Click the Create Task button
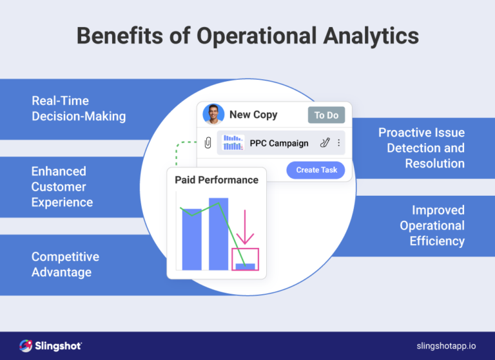(x=316, y=170)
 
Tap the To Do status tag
(x=326, y=115)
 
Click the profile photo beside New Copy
(x=213, y=115)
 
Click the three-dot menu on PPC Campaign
(x=339, y=143)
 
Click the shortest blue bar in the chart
(x=245, y=266)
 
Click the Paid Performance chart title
(x=217, y=180)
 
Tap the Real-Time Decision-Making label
(x=79, y=109)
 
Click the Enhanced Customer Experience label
(x=63, y=187)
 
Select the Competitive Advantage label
(x=65, y=264)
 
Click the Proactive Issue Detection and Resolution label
(x=422, y=148)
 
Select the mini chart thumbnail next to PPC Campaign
(x=233, y=143)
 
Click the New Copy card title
(x=253, y=115)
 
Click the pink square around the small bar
(x=245, y=259)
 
